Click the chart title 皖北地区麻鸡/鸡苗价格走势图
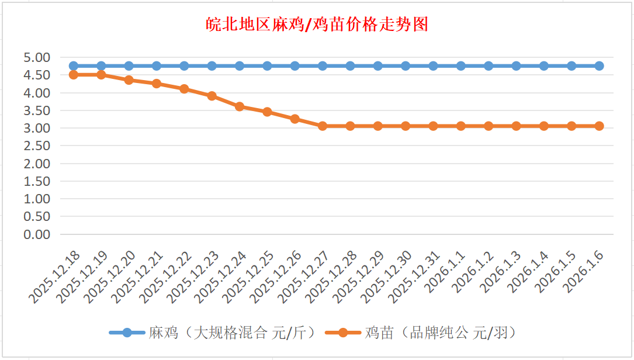[x=317, y=25]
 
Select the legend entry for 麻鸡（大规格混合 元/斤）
[x=213, y=333]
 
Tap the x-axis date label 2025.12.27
[x=304, y=278]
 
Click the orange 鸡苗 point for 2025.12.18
[x=74, y=75]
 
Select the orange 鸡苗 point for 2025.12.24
[x=240, y=106]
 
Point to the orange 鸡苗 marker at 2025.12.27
[x=323, y=126]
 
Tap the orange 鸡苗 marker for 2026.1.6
[x=599, y=126]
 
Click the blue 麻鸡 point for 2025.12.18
[x=74, y=66]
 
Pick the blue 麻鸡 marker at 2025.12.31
[x=433, y=66]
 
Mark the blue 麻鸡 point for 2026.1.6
[x=599, y=66]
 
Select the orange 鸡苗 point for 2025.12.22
[x=184, y=89]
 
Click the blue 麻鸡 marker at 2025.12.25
[x=267, y=66]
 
